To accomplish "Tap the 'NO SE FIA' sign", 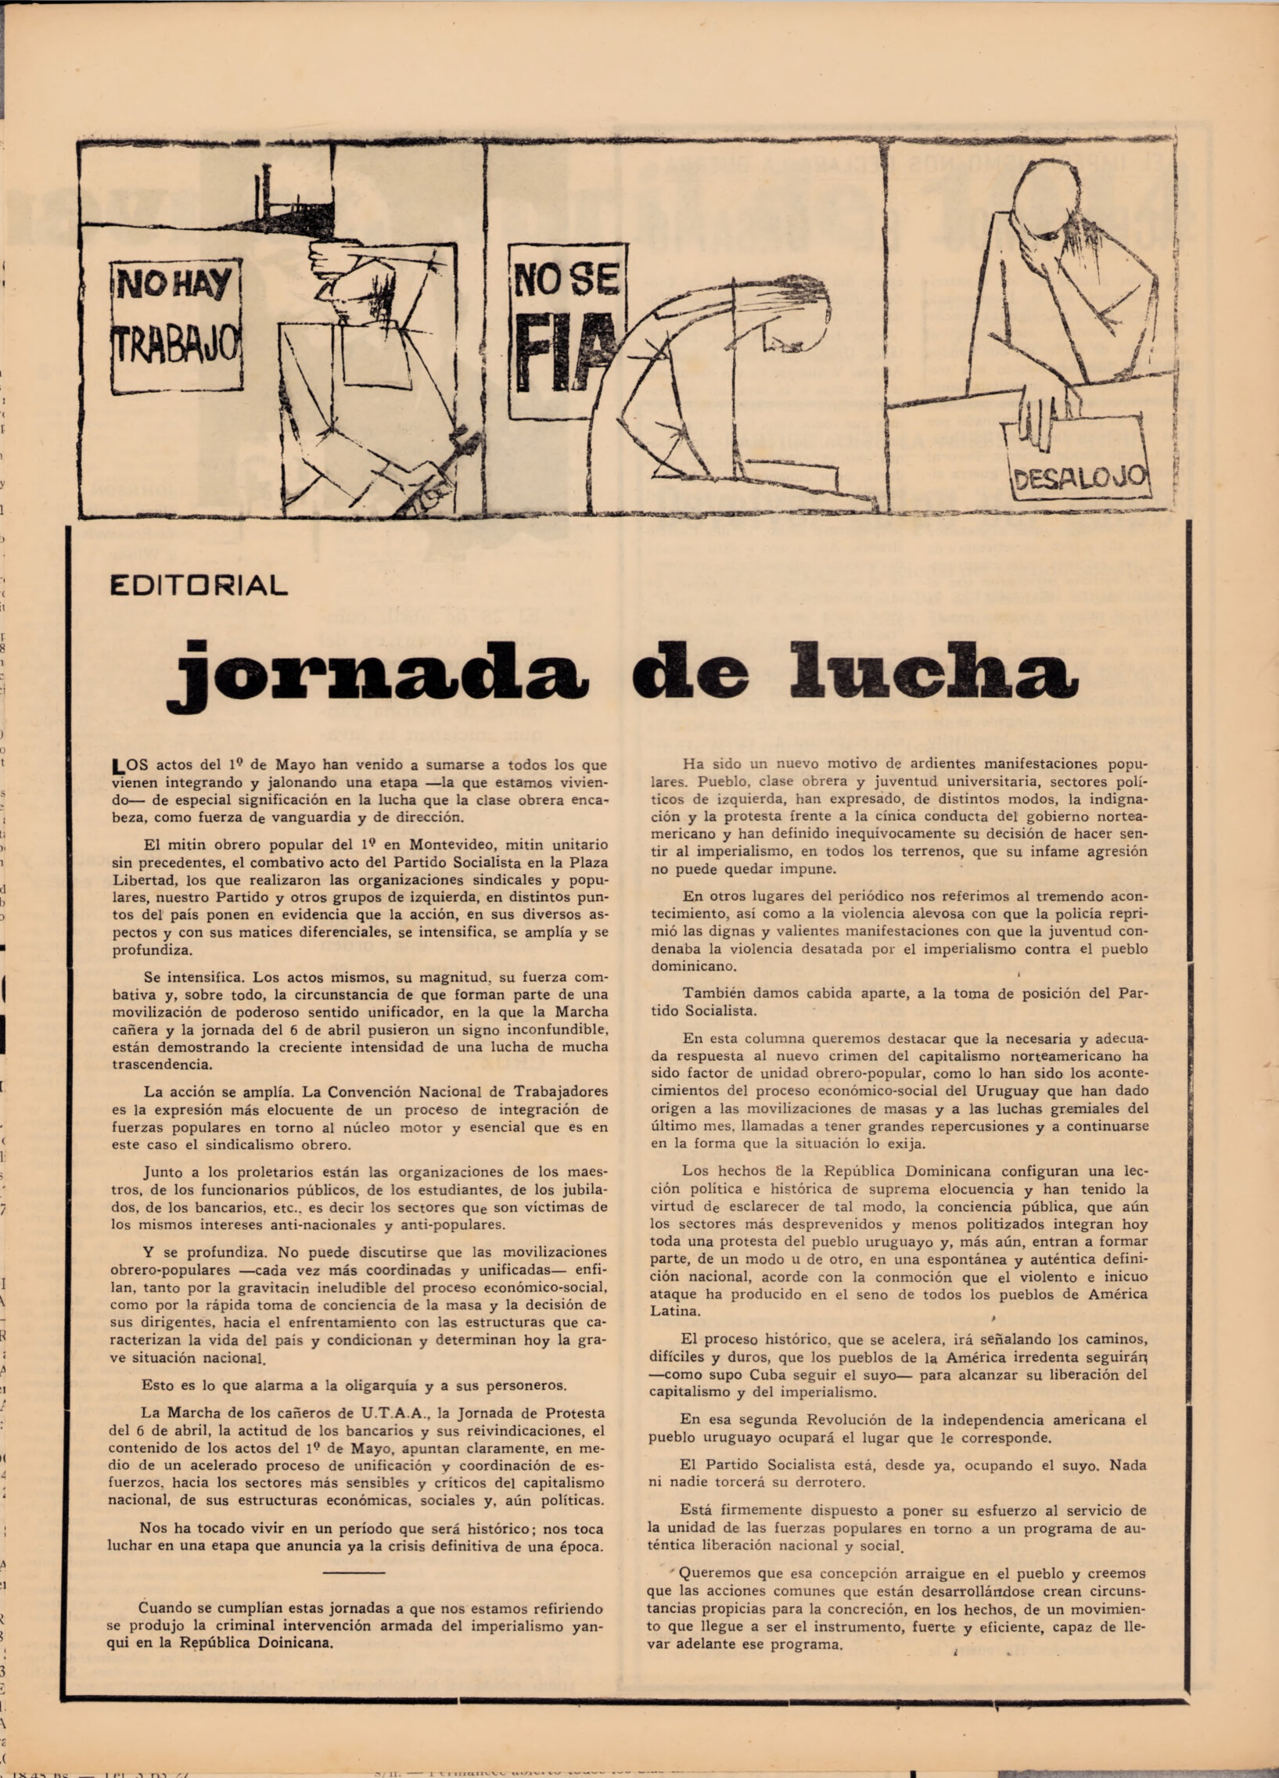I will [566, 329].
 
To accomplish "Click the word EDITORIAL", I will [199, 585].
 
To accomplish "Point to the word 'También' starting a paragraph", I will [711, 993].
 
